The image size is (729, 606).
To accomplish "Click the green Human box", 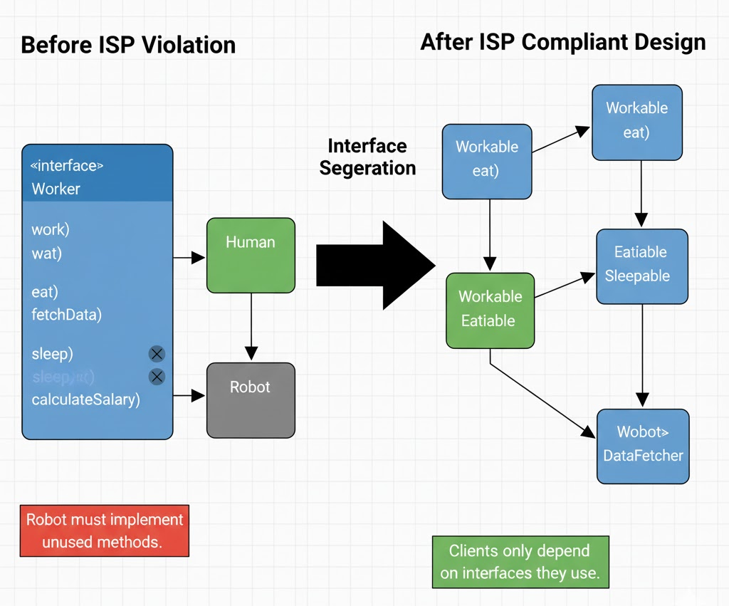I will pyautogui.click(x=251, y=255).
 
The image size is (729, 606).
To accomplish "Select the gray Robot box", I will pyautogui.click(x=251, y=399).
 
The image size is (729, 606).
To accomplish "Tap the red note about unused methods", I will pyautogui.click(x=104, y=531).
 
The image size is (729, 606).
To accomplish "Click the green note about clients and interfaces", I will pyautogui.click(x=520, y=562).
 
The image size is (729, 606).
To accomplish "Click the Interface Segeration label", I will pyautogui.click(x=367, y=157).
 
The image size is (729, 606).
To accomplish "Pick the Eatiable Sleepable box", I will pyautogui.click(x=641, y=266).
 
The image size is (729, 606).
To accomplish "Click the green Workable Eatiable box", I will pyautogui.click(x=490, y=310).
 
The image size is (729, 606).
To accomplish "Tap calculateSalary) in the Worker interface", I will pyautogui.click(x=85, y=399).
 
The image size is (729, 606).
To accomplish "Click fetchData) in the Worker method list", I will pyautogui.click(x=66, y=314).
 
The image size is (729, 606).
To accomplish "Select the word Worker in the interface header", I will pyautogui.click(x=56, y=189).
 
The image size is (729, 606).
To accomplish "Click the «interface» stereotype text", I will pyautogui.click(x=67, y=166).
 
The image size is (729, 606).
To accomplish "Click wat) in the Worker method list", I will pyautogui.click(x=46, y=253).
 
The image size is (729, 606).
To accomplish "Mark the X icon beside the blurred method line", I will pyautogui.click(x=157, y=377).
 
